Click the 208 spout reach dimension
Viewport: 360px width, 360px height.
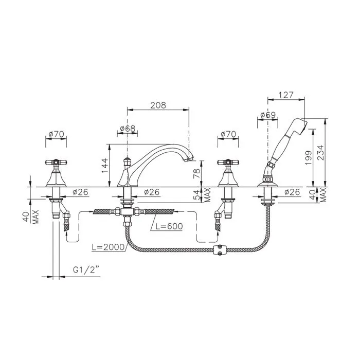(x=158, y=105)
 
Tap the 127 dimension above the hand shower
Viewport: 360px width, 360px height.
(x=286, y=95)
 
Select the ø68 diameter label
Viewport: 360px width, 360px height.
(x=128, y=129)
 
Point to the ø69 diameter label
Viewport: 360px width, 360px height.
(x=268, y=115)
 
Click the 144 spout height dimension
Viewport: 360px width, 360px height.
(x=105, y=166)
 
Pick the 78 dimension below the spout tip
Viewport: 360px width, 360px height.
(x=196, y=174)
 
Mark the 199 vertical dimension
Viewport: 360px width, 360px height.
(x=309, y=158)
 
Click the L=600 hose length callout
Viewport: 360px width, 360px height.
(x=169, y=226)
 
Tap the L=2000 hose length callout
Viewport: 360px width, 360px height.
(x=108, y=247)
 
